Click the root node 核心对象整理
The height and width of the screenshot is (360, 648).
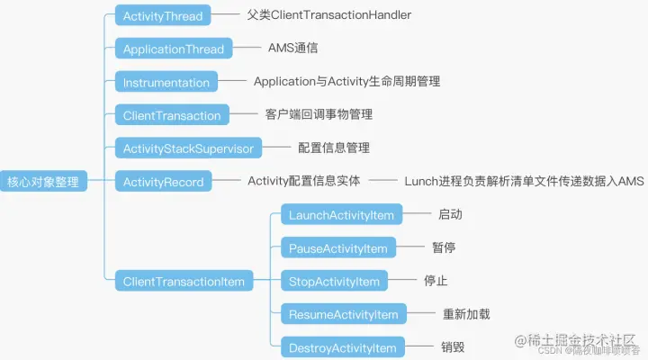(x=43, y=182)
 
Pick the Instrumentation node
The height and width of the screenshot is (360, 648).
(x=166, y=82)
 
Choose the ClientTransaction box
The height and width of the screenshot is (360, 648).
(x=172, y=115)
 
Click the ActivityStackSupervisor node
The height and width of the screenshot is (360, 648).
(x=189, y=148)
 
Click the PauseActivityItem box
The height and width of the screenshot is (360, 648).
(x=337, y=248)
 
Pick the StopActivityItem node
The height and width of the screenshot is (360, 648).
(x=334, y=281)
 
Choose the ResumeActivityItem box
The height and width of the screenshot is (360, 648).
(x=343, y=314)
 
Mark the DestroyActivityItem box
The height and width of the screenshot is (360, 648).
(x=342, y=347)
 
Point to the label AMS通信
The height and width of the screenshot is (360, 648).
(x=292, y=49)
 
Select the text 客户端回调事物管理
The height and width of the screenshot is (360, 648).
(x=319, y=114)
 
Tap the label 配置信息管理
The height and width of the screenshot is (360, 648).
(x=334, y=148)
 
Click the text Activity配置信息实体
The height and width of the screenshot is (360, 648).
(x=303, y=181)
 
